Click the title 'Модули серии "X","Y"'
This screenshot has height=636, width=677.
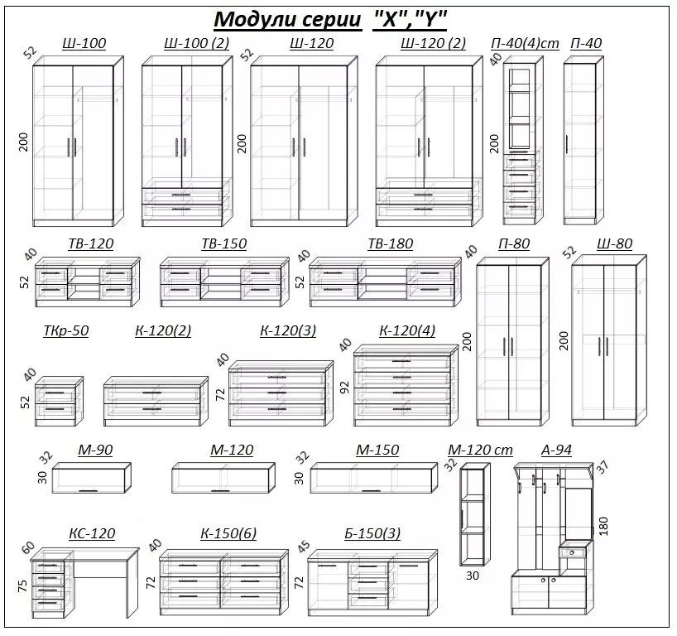click(330, 19)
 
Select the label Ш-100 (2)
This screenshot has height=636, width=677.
click(197, 44)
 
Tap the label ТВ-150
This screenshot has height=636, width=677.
click(223, 244)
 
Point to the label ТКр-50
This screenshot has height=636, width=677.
click(65, 331)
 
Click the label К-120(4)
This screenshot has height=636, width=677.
click(407, 331)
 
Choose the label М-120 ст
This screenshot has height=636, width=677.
click(481, 450)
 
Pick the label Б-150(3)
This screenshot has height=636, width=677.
click(372, 534)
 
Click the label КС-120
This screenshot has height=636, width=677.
click(92, 534)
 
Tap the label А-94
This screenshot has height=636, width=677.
click(556, 450)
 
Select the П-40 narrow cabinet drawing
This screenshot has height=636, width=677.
click(580, 141)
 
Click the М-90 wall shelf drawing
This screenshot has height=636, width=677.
click(92, 479)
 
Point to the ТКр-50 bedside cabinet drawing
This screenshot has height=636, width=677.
click(60, 402)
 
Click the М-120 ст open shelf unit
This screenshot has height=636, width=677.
click(475, 513)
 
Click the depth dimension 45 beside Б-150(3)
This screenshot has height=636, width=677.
click(304, 547)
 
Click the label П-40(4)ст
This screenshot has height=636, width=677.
click(525, 44)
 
